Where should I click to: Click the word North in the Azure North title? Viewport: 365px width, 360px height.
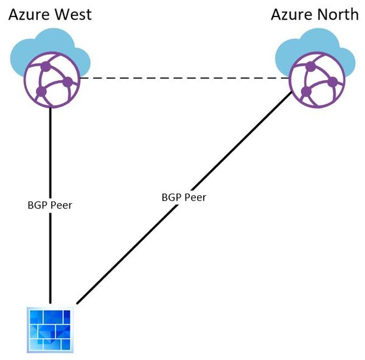coord(337,14)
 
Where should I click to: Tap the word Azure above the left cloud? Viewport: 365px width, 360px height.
coord(29,14)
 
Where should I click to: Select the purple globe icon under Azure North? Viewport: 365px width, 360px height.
coord(314,78)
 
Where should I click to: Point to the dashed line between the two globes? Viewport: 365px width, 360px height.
coord(182,78)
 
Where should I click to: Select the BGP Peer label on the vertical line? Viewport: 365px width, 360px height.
coord(50,205)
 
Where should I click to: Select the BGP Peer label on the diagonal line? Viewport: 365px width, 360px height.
coord(184,197)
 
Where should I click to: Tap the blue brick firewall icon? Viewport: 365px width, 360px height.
coord(50,330)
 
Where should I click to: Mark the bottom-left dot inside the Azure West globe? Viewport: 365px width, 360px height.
coord(41,92)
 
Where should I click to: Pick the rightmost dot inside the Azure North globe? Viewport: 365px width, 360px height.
coord(332,80)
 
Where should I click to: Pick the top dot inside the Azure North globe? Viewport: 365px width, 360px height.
coord(311,65)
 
